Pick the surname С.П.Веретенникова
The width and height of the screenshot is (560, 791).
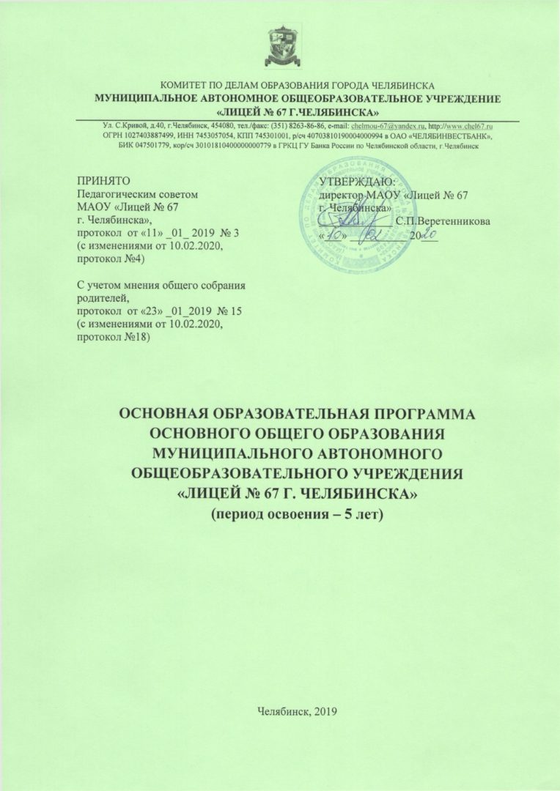click(443, 221)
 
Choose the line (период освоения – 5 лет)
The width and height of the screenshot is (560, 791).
click(297, 514)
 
